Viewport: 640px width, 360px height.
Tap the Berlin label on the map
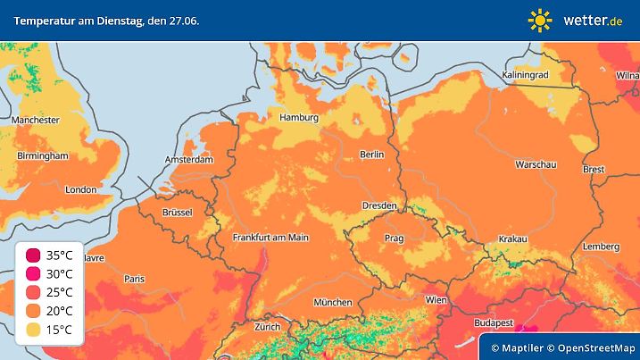pyautogui.click(x=371, y=155)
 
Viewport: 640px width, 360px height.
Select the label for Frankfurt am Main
pyautogui.click(x=270, y=238)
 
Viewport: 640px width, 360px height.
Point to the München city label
pyautogui.click(x=332, y=302)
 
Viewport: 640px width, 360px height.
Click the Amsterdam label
pyautogui.click(x=189, y=160)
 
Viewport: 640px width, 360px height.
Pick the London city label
pyautogui.click(x=80, y=189)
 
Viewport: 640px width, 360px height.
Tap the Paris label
pyautogui.click(x=135, y=278)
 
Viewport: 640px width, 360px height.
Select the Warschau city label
pyautogui.click(x=536, y=165)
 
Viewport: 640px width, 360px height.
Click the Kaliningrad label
pyautogui.click(x=525, y=76)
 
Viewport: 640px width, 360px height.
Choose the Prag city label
pyautogui.click(x=394, y=239)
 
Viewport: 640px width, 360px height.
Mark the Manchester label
pyautogui.click(x=36, y=120)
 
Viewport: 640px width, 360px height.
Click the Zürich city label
pyautogui.click(x=267, y=327)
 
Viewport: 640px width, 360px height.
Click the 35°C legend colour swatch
pyautogui.click(x=33, y=255)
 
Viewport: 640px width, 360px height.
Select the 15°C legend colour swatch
pyautogui.click(x=33, y=330)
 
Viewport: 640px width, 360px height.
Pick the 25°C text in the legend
pyautogui.click(x=60, y=293)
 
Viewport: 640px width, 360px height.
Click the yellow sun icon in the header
pyautogui.click(x=540, y=20)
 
